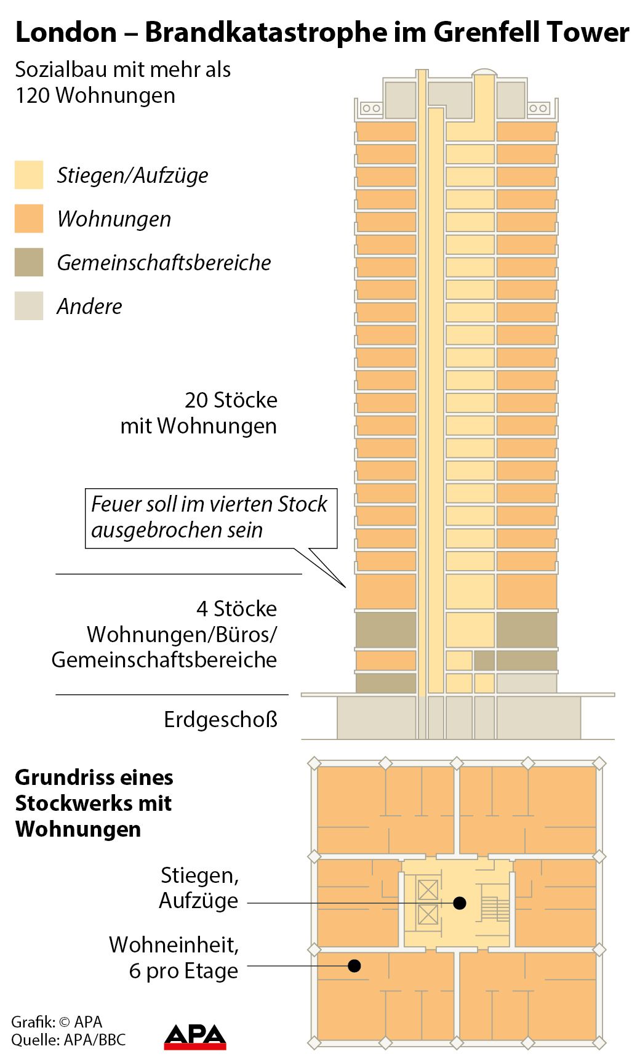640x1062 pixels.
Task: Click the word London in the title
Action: tap(66, 33)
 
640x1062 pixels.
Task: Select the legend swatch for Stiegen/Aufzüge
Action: tap(29, 175)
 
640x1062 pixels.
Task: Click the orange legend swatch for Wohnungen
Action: tap(29, 219)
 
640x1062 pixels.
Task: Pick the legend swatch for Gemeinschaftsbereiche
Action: tap(29, 262)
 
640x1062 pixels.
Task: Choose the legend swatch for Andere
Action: tap(29, 306)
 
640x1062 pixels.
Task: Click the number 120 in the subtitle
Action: tap(34, 95)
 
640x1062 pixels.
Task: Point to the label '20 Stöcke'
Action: tap(231, 400)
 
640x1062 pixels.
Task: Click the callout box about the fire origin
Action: tap(210, 517)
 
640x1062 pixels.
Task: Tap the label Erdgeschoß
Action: tap(220, 719)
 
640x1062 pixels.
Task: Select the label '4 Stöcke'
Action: tap(236, 609)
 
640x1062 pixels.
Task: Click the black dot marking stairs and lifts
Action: tap(459, 903)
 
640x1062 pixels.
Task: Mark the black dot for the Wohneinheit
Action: tap(354, 965)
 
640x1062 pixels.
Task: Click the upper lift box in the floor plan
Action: tap(428, 890)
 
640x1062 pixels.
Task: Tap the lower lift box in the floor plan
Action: tap(428, 914)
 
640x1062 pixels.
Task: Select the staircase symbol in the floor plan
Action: tap(495, 909)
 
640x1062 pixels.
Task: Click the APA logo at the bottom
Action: tap(195, 1037)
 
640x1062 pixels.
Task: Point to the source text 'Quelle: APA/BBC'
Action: tap(68, 1040)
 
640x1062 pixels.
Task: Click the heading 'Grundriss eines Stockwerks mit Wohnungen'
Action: tap(94, 803)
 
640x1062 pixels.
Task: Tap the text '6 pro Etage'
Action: tap(183, 971)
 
